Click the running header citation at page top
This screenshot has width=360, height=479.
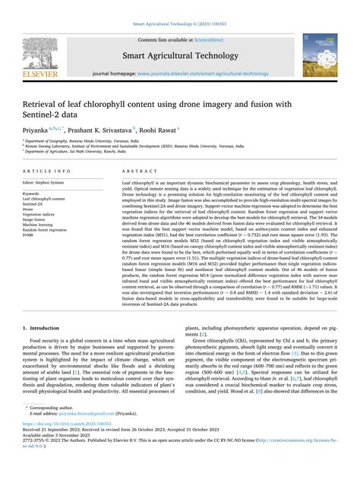pyautogui.click(x=179, y=5)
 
